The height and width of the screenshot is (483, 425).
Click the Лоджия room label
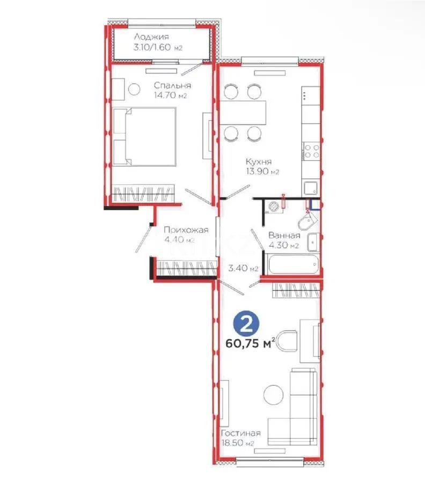pyautogui.click(x=151, y=37)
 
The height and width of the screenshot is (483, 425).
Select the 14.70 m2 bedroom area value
pyautogui.click(x=173, y=96)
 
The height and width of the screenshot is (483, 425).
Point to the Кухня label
pyautogui.click(x=259, y=161)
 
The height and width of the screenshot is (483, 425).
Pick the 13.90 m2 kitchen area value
pyautogui.click(x=262, y=172)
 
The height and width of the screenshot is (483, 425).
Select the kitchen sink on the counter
pyautogui.click(x=311, y=187)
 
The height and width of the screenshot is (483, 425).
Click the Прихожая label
pyautogui.click(x=186, y=230)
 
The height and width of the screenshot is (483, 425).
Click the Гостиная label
pyautogui.click(x=240, y=433)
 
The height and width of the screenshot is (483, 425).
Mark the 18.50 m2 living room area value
pyautogui.click(x=237, y=443)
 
